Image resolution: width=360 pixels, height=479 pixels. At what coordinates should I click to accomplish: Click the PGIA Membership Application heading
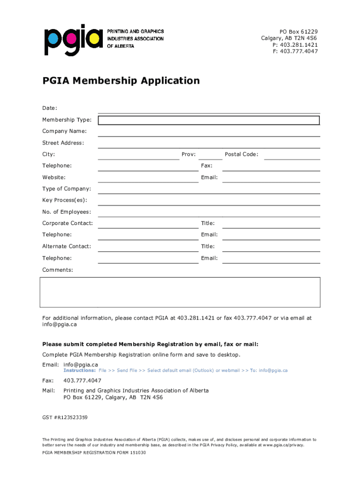(x=121, y=81)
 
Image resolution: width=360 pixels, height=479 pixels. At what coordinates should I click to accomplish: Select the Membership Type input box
(x=209, y=120)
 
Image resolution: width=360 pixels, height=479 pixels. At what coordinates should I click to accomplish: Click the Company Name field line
(x=209, y=132)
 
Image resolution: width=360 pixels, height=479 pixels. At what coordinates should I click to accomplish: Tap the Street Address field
(x=209, y=144)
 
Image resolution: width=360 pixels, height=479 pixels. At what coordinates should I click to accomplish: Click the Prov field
(x=210, y=155)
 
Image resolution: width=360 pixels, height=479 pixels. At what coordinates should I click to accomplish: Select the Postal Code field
(x=292, y=155)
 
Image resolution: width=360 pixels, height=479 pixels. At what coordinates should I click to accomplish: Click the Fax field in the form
(x=271, y=166)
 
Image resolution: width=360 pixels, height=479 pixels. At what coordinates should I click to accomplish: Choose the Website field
(x=148, y=178)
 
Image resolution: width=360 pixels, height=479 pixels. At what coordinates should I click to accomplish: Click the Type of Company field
(x=209, y=189)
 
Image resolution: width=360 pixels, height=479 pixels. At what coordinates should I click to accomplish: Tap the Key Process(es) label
(x=65, y=200)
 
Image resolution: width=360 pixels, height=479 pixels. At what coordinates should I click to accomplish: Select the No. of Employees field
(x=209, y=212)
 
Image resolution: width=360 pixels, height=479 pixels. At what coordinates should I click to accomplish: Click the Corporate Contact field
(x=148, y=224)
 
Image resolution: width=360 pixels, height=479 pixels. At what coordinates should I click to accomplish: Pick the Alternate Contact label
(x=67, y=246)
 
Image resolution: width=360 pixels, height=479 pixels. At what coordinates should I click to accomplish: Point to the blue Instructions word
(x=79, y=370)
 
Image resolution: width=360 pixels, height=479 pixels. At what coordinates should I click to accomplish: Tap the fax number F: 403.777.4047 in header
(x=295, y=51)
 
